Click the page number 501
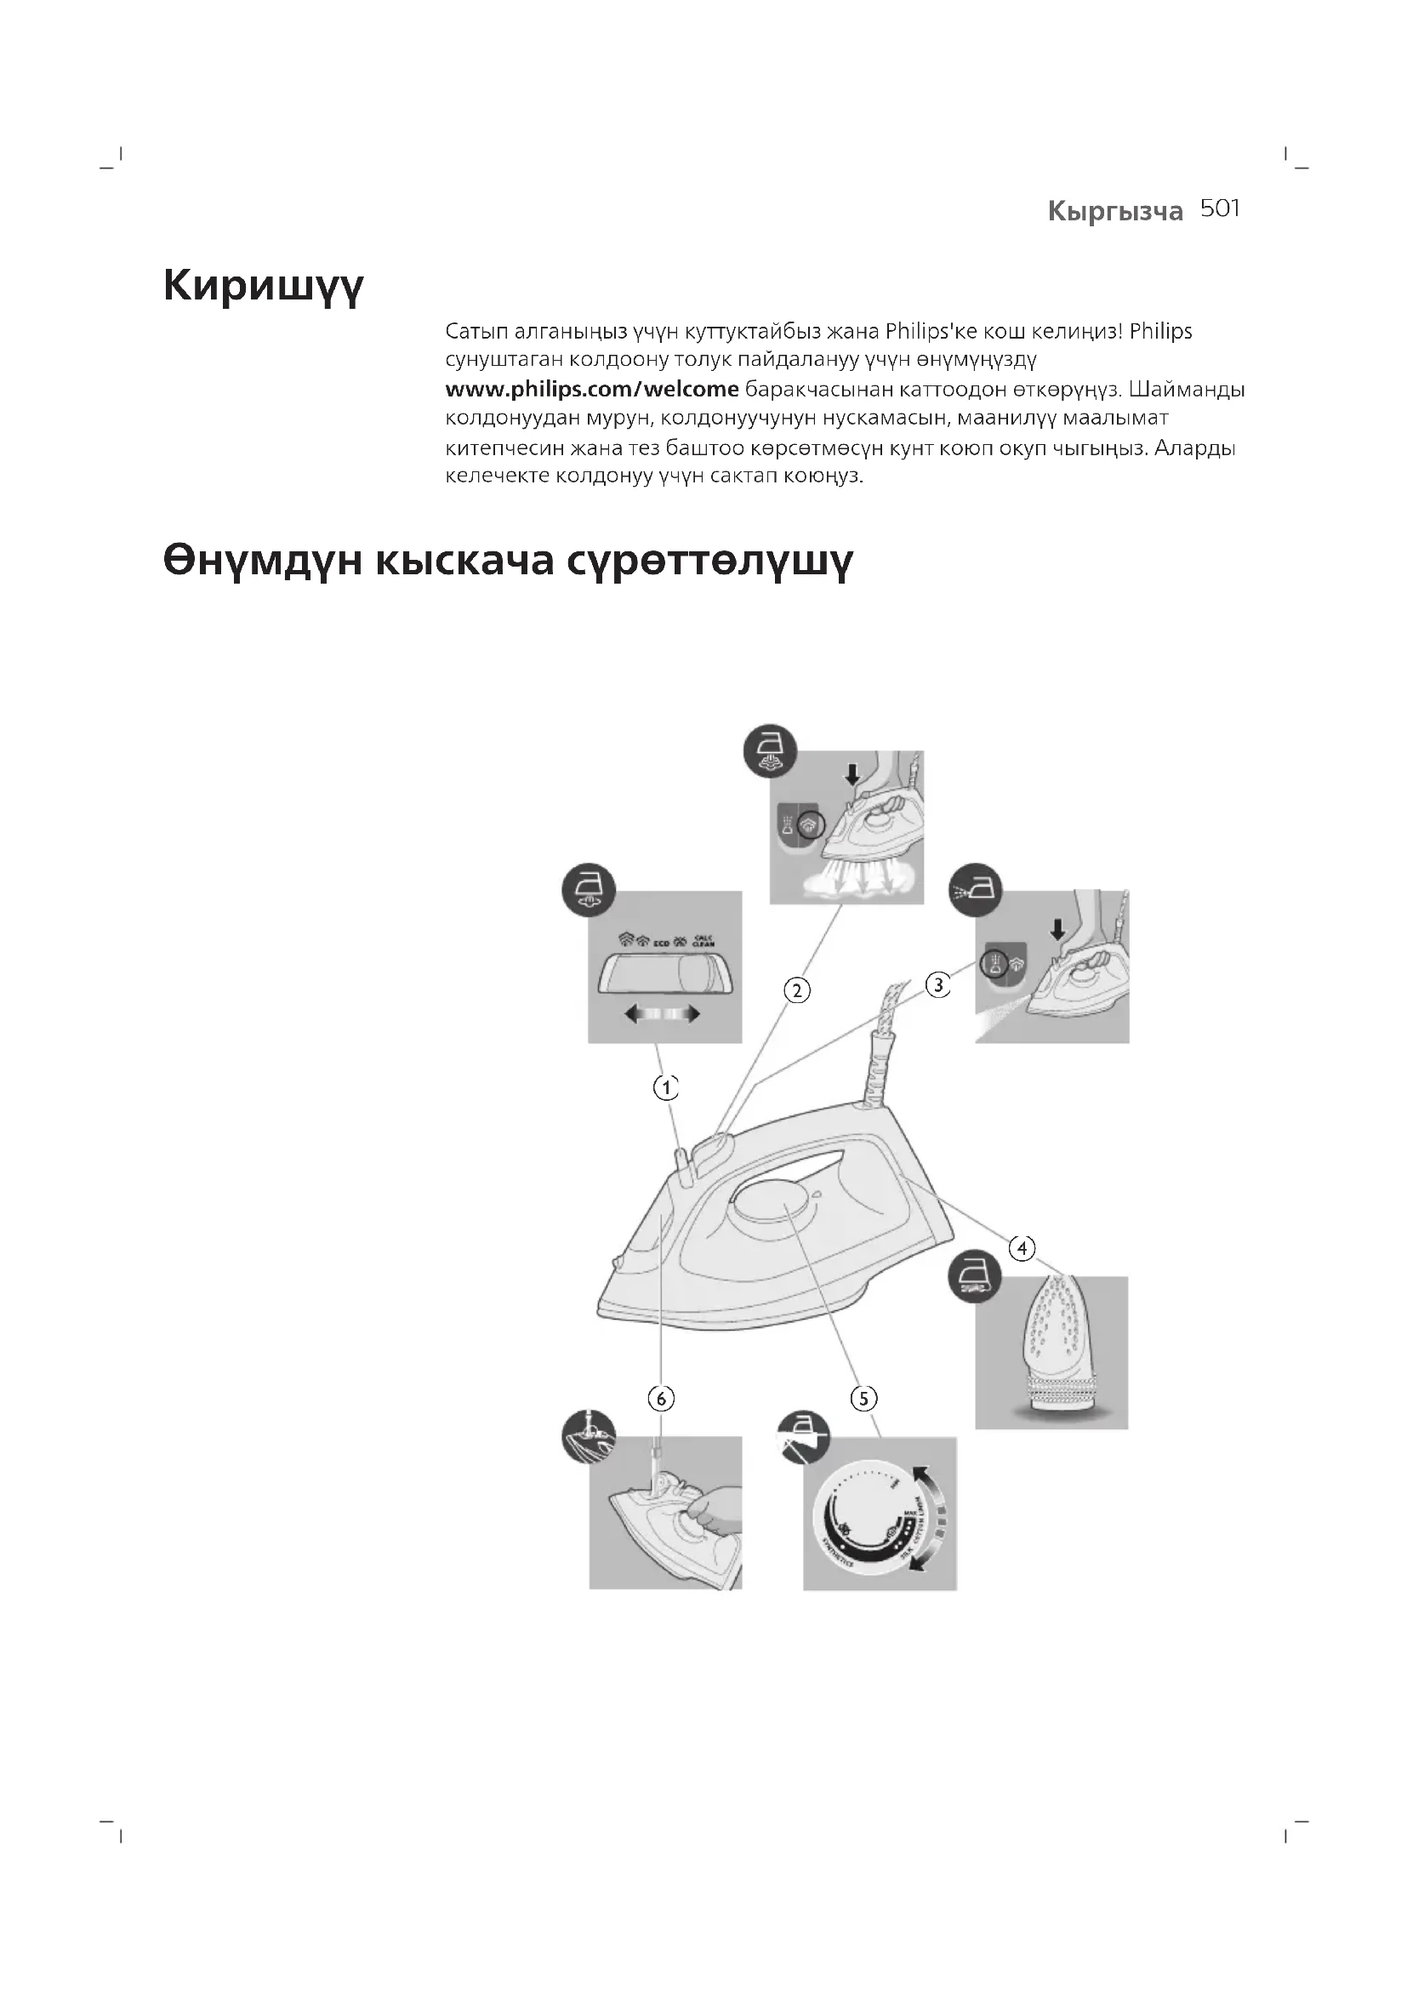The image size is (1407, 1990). [1220, 209]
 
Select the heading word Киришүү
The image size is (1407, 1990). [264, 287]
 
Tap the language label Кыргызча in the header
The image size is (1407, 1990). [1114, 212]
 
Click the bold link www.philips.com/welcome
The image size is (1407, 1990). [592, 389]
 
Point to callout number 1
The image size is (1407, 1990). [665, 1088]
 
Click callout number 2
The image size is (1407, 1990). [796, 989]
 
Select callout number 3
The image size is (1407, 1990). [938, 985]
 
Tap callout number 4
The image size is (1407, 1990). [1022, 1248]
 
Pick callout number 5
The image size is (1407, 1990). [863, 1398]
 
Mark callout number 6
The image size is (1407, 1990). [661, 1398]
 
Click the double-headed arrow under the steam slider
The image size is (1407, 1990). [663, 1015]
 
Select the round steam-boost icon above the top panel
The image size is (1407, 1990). [770, 750]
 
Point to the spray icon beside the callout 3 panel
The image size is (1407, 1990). [977, 890]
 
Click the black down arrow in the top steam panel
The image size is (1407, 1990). [852, 773]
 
